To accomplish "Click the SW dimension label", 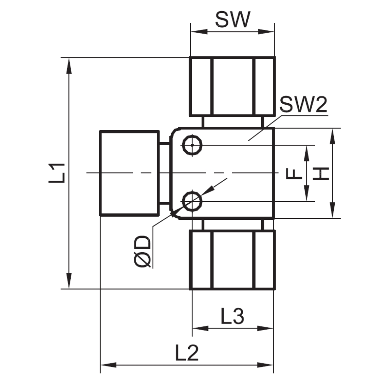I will pyautogui.click(x=232, y=20).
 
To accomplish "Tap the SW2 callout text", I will pyautogui.click(x=303, y=105).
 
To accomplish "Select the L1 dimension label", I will pyautogui.click(x=58, y=173).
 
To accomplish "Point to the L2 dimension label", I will pyautogui.click(x=187, y=354).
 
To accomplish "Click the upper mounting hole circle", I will pyautogui.click(x=192, y=145).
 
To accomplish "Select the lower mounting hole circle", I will pyautogui.click(x=192, y=201).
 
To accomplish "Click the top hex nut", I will pyautogui.click(x=232, y=86).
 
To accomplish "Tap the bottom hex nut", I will pyautogui.click(x=232, y=260).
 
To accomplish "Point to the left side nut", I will pyautogui.click(x=129, y=173).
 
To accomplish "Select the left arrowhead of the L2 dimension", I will pyautogui.click(x=107, y=365).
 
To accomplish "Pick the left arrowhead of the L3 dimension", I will pyautogui.click(x=199, y=328).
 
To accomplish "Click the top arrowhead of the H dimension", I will pyautogui.click(x=333, y=135).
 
